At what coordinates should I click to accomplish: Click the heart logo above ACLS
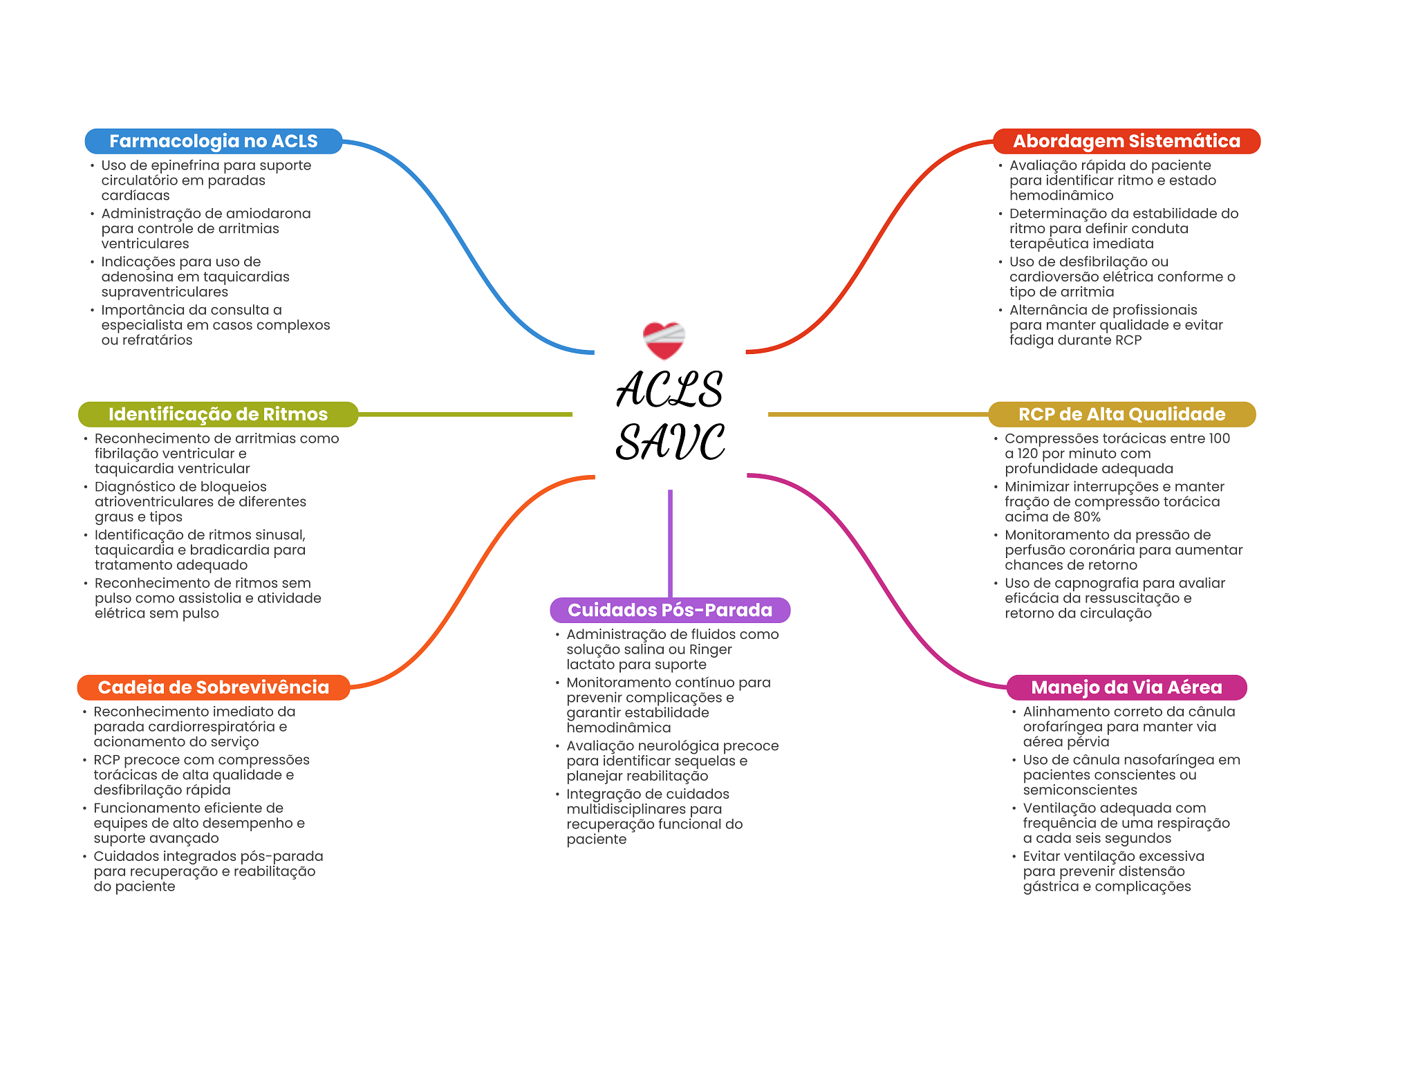[664, 340]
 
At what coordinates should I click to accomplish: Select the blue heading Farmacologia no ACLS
[214, 141]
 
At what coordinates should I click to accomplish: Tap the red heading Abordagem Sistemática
[1126, 141]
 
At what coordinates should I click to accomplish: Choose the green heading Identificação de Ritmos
[218, 414]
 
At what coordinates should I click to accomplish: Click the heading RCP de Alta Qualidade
[1121, 414]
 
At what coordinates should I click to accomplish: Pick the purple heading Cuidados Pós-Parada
[670, 610]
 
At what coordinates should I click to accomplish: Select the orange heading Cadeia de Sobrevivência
[214, 687]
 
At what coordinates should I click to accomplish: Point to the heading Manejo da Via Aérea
[1126, 687]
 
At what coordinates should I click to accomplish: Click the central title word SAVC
[671, 443]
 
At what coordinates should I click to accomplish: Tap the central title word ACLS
[669, 389]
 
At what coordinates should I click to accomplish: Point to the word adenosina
[139, 277]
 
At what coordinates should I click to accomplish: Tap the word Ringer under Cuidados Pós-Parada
[710, 650]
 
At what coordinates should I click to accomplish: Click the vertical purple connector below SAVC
[670, 544]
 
